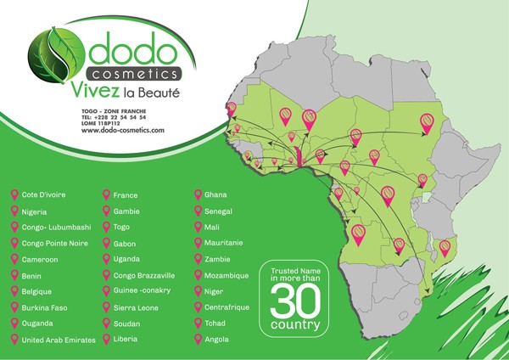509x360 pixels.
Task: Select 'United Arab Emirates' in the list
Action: [59, 340]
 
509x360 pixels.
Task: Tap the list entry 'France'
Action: [126, 195]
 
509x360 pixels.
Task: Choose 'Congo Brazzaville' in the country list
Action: [144, 275]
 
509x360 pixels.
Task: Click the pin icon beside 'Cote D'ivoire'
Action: [14, 195]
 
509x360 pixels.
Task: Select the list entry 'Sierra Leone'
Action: [136, 307]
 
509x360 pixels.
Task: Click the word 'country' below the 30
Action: [295, 325]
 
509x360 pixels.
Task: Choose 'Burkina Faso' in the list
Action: [46, 307]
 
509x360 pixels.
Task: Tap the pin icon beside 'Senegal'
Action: [196, 211]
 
